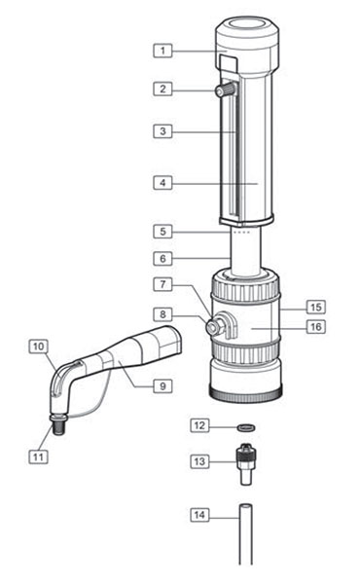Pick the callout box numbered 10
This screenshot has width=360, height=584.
39,346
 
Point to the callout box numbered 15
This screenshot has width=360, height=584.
314,305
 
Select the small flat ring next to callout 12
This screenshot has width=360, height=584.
248,425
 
